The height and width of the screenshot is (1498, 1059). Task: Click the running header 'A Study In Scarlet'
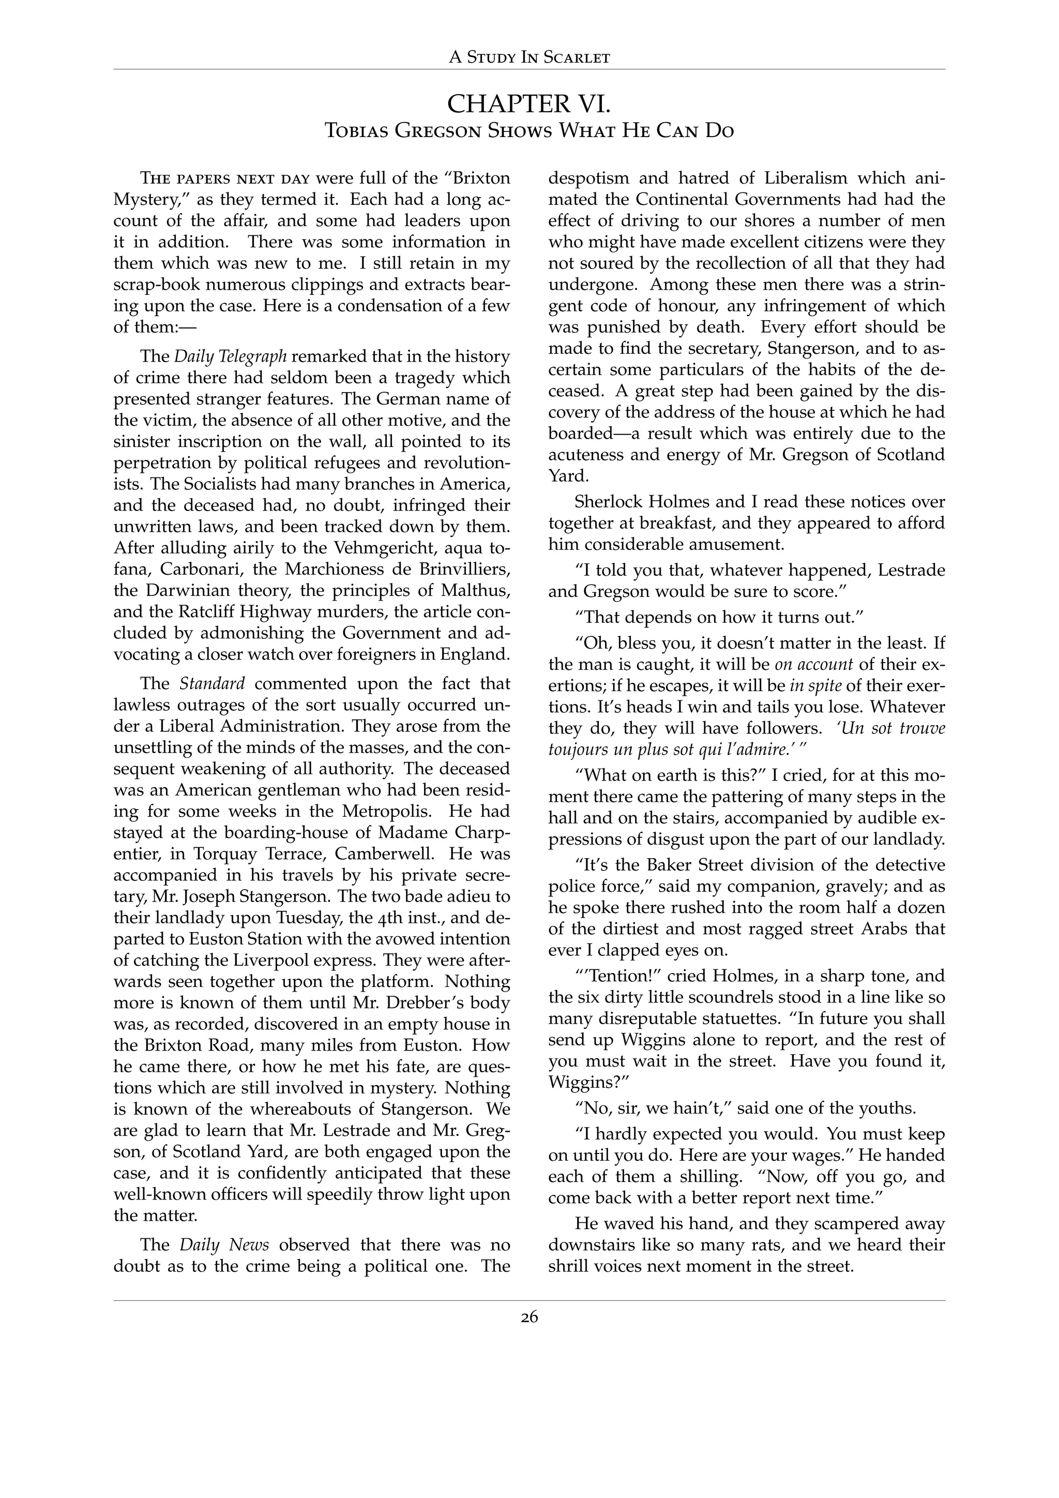click(529, 57)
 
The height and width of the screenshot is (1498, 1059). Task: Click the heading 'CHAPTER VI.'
click(529, 104)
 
